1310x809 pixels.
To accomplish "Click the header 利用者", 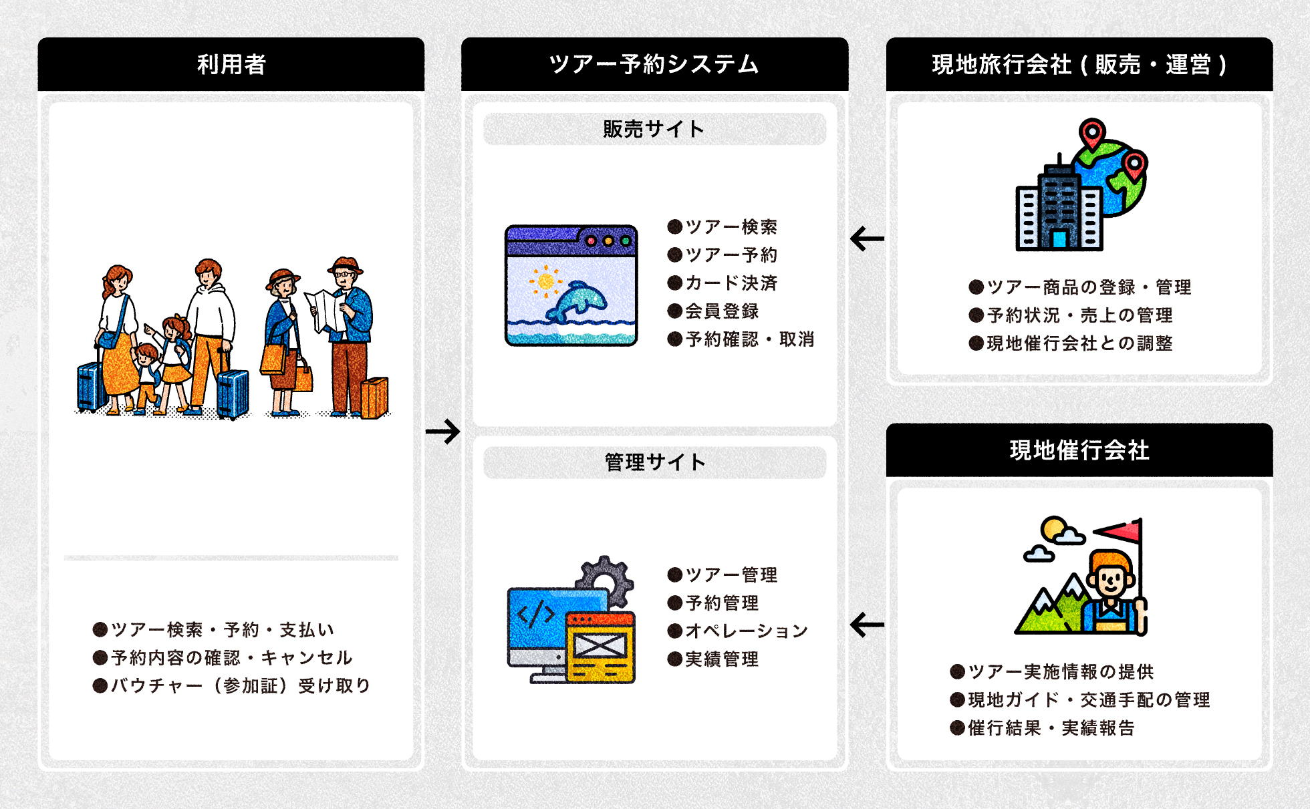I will [231, 64].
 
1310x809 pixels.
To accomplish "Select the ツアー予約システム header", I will [654, 64].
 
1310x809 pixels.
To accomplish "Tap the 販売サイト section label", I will [654, 129].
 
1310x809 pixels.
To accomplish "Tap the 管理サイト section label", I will [654, 462].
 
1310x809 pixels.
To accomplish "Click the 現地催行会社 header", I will [1079, 450].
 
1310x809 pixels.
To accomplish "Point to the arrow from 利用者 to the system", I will [442, 431].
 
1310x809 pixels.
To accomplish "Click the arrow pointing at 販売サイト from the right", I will [867, 238].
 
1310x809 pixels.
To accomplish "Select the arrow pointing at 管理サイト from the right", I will [867, 625].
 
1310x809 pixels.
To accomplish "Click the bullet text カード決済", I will [731, 283].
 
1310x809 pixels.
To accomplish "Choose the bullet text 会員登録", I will [722, 311].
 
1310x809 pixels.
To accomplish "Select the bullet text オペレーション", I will [747, 631].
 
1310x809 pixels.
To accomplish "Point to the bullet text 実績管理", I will [722, 659].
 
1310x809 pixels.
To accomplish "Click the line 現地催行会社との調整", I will [1079, 343].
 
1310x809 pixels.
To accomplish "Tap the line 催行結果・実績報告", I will [1051, 728].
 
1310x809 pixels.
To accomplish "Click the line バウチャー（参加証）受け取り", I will [240, 686].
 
